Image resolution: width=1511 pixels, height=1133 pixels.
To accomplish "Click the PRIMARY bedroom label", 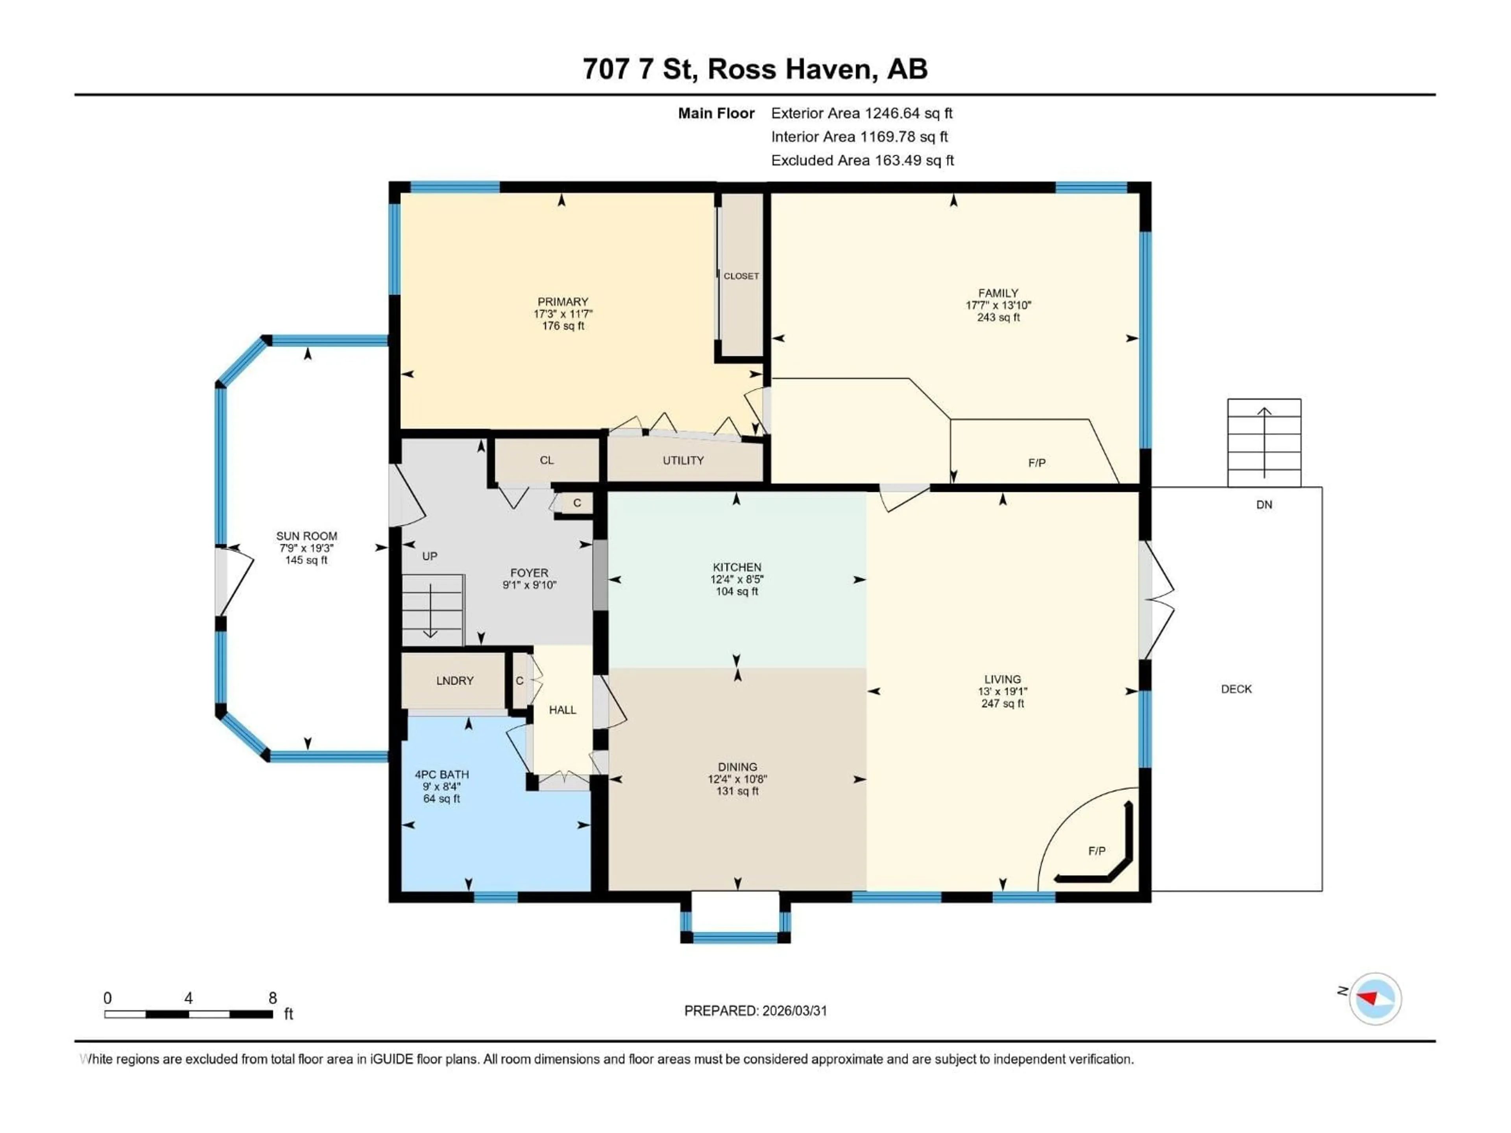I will tap(562, 302).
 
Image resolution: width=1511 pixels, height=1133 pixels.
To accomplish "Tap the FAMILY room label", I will tap(998, 293).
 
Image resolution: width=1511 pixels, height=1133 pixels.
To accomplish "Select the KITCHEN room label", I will tap(736, 567).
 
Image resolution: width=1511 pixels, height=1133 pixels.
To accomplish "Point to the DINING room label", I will tap(737, 767).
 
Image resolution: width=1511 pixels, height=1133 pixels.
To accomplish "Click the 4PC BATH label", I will tap(441, 775).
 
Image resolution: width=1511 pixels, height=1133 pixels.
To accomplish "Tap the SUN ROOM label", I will tap(306, 536).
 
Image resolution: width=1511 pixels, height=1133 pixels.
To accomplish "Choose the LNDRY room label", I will tap(454, 681).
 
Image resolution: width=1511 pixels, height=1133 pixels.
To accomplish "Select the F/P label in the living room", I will tap(1096, 851).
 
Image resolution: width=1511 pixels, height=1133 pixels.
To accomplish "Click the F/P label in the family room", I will tap(1036, 463).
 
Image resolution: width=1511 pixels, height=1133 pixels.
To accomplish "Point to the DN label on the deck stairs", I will tap(1264, 505).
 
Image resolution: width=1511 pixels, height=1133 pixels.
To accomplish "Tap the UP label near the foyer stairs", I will tap(429, 556).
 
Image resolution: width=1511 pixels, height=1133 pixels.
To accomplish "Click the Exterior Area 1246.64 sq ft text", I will tap(861, 113).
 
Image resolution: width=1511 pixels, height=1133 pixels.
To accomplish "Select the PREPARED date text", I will tap(755, 1011).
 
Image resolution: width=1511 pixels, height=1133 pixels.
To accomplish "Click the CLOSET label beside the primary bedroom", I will tap(741, 276).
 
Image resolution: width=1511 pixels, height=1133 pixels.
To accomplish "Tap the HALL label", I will tap(562, 710).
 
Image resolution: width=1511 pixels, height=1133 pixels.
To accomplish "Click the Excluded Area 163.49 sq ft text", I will tap(862, 161).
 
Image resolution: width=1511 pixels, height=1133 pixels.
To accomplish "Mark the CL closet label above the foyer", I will tap(547, 460).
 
